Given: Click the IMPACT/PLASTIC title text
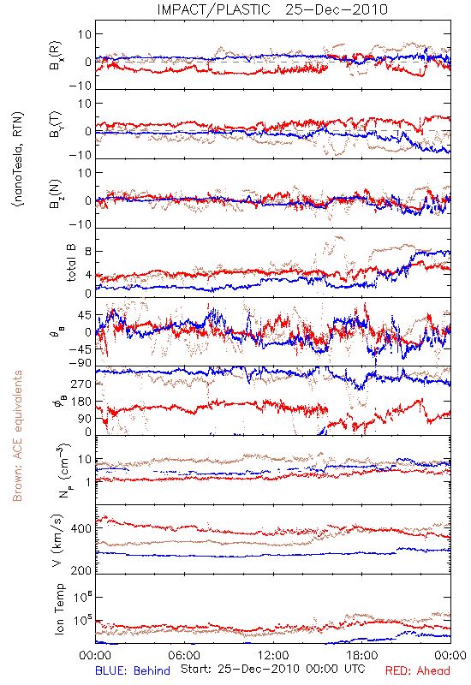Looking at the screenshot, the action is coord(213,9).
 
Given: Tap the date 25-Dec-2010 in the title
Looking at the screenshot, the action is coord(337,9).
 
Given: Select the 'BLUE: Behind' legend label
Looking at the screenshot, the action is coord(133,670).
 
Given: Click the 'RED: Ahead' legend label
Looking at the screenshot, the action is coord(417,670).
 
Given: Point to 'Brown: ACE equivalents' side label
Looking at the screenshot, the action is coord(17,436).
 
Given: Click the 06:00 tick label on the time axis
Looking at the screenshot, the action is coord(184,655).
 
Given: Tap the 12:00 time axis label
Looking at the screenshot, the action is coord(273,655).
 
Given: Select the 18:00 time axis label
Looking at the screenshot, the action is coord(362,655).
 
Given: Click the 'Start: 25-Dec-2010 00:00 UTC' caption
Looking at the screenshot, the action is coord(272,669).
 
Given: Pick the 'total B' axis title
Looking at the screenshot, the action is coord(71,263).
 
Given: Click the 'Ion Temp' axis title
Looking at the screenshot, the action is coord(59,609).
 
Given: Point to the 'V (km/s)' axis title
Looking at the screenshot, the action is coord(58,540).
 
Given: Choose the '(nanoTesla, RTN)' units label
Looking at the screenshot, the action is coord(18,159).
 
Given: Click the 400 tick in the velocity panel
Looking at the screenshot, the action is coord(81,528).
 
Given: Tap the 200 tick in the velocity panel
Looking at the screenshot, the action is coord(81,570).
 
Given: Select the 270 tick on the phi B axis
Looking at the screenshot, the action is coord(81,384).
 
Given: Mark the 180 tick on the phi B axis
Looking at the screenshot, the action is coord(81,402).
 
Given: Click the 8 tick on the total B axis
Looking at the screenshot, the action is coord(88,252).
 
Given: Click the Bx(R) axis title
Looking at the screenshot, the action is coord(56,56).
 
